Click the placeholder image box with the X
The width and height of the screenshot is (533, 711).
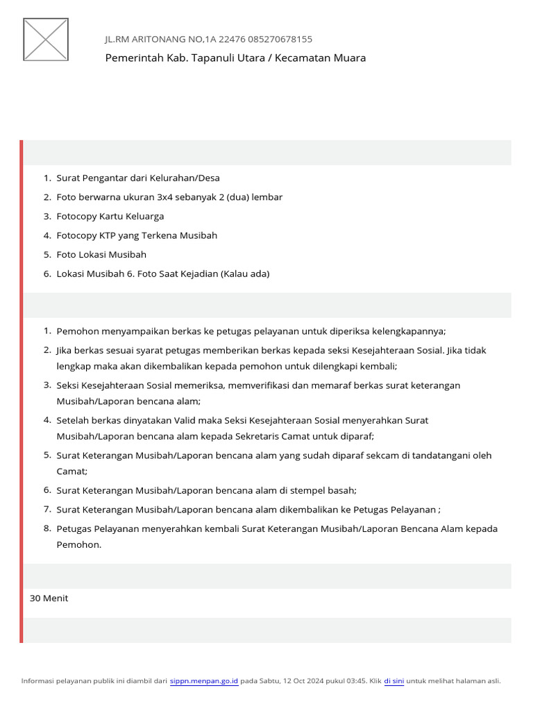click(46, 39)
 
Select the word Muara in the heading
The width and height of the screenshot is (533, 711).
click(351, 58)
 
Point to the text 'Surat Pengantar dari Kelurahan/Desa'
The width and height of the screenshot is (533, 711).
click(138, 178)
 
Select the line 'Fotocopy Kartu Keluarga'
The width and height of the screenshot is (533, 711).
click(110, 216)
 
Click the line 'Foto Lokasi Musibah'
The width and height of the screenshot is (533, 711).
click(101, 255)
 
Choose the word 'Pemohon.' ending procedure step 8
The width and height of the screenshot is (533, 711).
click(79, 544)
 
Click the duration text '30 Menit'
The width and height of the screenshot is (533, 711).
click(49, 598)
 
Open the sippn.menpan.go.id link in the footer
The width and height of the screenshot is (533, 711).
click(204, 681)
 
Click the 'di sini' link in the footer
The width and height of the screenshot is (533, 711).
click(394, 681)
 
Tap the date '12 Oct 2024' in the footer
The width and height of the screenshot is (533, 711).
click(302, 681)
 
